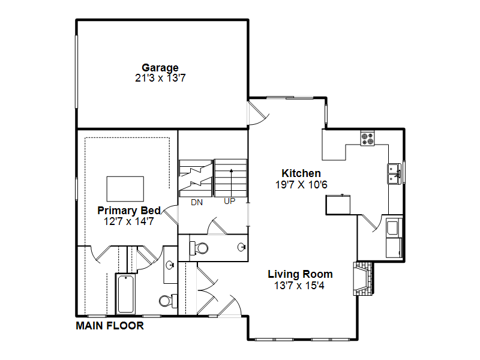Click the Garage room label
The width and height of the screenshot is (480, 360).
160,68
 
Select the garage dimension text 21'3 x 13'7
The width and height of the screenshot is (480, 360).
160,78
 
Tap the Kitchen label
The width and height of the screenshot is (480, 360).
301,173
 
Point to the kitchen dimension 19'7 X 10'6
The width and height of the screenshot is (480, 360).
301,185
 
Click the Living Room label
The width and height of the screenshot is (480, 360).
300,274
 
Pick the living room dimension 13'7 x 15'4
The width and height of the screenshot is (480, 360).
299,286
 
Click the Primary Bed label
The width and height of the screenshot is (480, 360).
129,211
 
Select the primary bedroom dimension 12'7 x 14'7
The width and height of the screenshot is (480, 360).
128,221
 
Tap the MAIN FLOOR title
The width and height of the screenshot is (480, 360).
110,326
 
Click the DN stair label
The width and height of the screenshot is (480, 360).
197,202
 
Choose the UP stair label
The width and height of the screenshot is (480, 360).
230,201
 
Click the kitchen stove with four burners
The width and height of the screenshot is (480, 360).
367,138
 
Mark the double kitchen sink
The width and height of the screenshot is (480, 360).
395,174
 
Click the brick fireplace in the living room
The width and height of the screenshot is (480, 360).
364,278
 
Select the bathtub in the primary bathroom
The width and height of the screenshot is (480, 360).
125,294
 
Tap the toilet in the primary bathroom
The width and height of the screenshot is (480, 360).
168,301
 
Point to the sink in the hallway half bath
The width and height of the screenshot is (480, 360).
242,247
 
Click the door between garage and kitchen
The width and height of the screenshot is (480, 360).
258,113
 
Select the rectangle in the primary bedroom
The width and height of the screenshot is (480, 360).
125,189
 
